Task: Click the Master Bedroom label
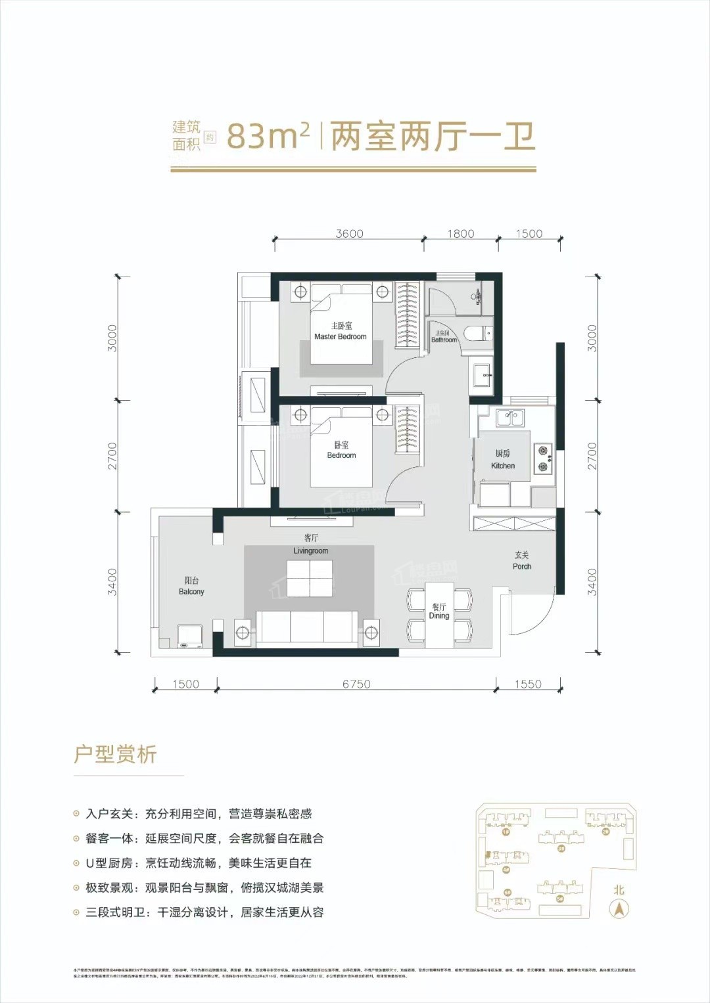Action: (341, 331)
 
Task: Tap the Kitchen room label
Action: (503, 460)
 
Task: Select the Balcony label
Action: (191, 586)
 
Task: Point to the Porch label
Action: (522, 560)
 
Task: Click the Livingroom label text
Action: (311, 545)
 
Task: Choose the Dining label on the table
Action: (439, 612)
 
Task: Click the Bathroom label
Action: (444, 337)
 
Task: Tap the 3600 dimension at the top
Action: (349, 234)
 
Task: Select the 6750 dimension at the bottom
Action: (356, 684)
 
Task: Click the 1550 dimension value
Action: (528, 684)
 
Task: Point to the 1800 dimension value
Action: (460, 234)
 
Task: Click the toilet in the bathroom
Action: (478, 334)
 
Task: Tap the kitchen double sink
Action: (509, 418)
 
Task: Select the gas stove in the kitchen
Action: (543, 458)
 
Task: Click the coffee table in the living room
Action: (310, 578)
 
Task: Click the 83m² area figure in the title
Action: (268, 137)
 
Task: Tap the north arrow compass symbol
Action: (619, 909)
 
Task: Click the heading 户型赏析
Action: (116, 754)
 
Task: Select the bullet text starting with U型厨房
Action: (199, 863)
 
